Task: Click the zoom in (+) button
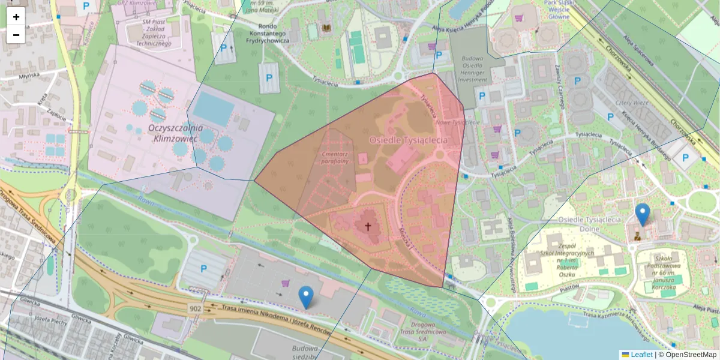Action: pyautogui.click(x=16, y=17)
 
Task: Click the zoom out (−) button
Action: pyautogui.click(x=16, y=35)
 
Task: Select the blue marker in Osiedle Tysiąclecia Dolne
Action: pyautogui.click(x=642, y=214)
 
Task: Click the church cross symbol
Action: pyautogui.click(x=368, y=227)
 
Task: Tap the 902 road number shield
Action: pyautogui.click(x=195, y=308)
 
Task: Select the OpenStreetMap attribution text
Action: pyautogui.click(x=691, y=355)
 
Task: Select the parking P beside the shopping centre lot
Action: pyautogui.click(x=203, y=269)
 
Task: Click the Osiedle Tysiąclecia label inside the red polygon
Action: pyautogui.click(x=408, y=140)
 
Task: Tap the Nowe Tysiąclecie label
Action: pyautogui.click(x=457, y=122)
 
